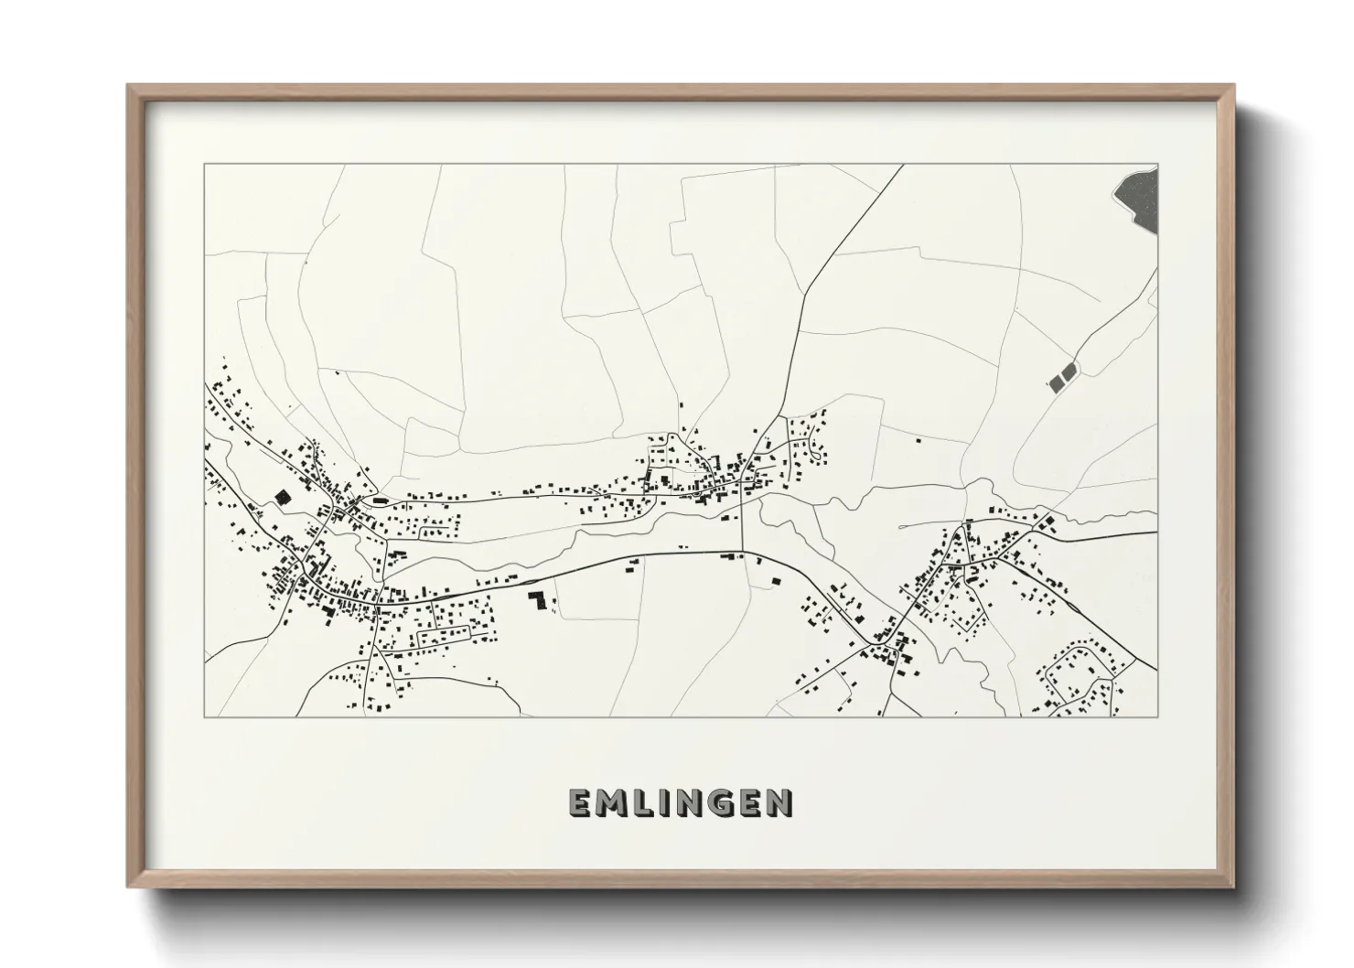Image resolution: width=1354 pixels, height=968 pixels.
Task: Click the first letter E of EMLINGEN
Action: pos(580,802)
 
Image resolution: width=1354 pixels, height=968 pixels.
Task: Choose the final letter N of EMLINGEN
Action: pos(779,802)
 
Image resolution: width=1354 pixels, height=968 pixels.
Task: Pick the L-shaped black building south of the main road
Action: pos(538,600)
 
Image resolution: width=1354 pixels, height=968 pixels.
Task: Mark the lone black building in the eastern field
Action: pos(918,440)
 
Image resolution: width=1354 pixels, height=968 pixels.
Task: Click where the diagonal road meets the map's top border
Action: pos(903,166)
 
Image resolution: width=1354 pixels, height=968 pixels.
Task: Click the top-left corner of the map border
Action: pos(204,165)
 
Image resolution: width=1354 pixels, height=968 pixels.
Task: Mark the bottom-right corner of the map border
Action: pos(1157,716)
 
